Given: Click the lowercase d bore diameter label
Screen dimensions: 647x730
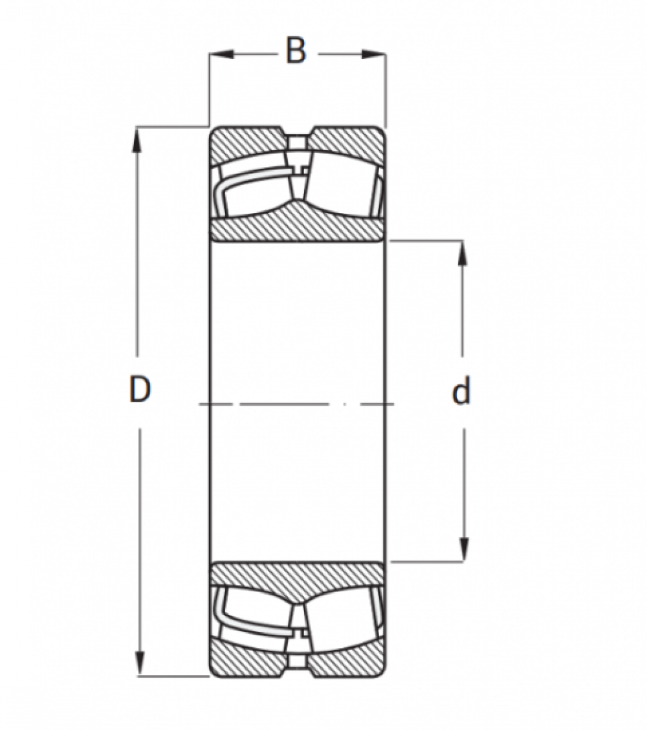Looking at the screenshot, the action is [x=461, y=390].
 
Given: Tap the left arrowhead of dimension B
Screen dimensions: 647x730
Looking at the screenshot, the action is [x=220, y=54].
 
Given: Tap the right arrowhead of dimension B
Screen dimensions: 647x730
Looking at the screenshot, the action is [x=374, y=54].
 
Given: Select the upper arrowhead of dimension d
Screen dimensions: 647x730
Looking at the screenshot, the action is [x=462, y=253].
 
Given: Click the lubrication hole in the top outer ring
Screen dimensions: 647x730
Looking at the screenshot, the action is [x=297, y=142].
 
